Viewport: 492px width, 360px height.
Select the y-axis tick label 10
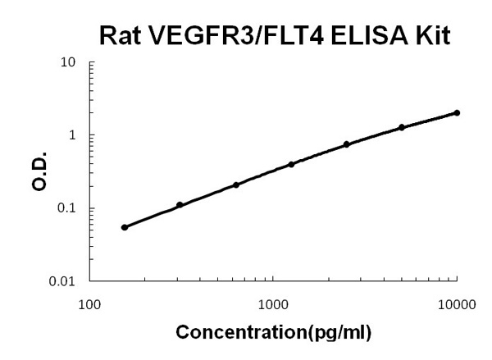click(70, 62)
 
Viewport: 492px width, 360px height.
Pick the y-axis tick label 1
click(74, 135)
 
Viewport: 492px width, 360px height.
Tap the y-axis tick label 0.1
click(68, 208)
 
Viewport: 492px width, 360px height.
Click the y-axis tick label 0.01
click(65, 281)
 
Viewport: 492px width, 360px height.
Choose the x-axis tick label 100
click(89, 303)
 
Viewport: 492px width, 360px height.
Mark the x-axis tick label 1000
click(273, 303)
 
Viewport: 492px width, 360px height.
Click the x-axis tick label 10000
click(457, 303)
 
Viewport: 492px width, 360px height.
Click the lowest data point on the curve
click(125, 227)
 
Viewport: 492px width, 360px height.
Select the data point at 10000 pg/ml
click(457, 113)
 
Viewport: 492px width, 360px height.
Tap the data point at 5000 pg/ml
click(402, 127)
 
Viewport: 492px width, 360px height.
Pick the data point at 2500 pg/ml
click(346, 144)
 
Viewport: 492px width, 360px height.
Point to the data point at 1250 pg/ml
click(291, 164)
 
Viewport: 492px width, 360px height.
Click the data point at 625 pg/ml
click(236, 185)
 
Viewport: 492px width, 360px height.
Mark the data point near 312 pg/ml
click(180, 205)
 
